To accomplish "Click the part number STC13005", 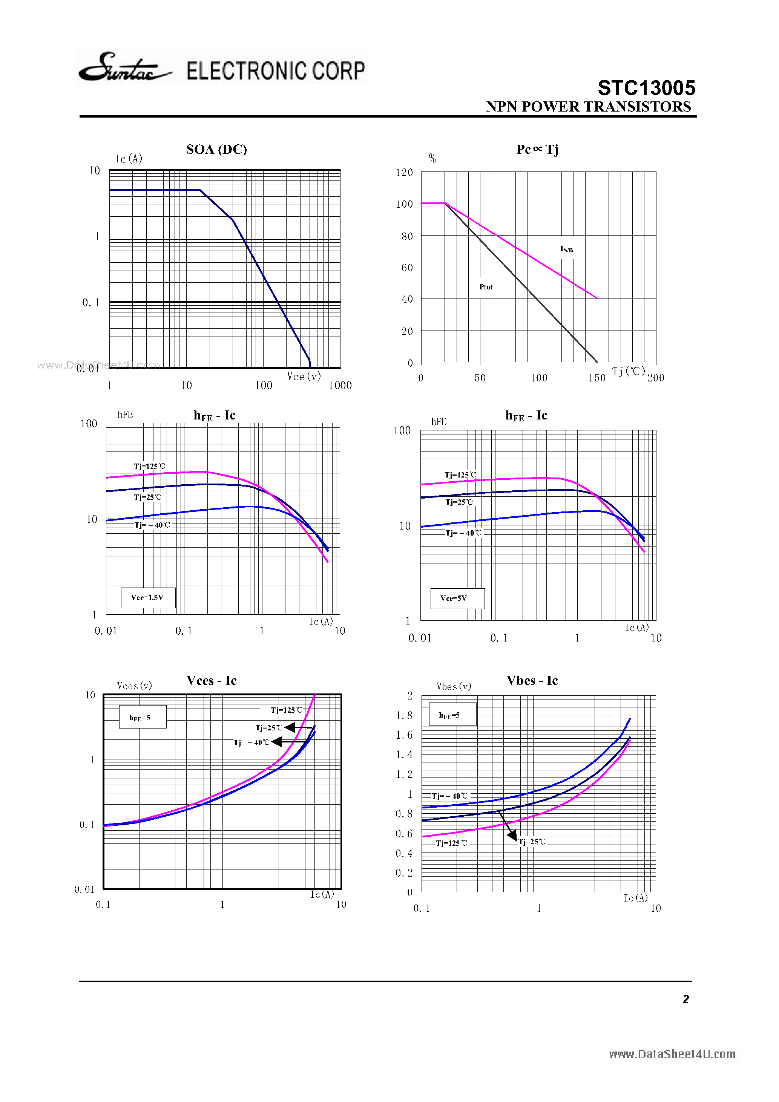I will point(646,88).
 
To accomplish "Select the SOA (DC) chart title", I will point(216,150).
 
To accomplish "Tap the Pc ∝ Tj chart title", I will point(537,150).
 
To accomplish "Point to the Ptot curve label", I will point(486,287).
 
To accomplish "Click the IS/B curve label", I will point(566,249).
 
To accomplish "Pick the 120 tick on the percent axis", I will point(404,173).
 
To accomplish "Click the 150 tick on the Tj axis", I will point(597,378).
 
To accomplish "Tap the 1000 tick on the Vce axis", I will point(340,386).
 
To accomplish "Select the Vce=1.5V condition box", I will point(147,598).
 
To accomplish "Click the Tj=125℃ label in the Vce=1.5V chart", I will point(149,467).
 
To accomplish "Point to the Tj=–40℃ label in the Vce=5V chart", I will point(463,533).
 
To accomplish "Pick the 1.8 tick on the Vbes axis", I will point(404,716).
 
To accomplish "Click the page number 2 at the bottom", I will point(685,999).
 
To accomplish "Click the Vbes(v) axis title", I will point(453,687).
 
